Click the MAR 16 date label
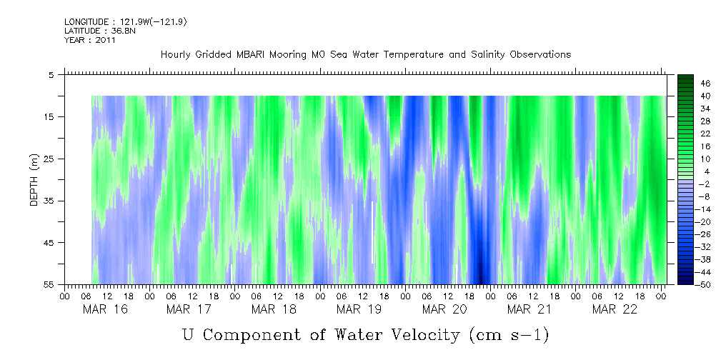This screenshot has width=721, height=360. (x=100, y=309)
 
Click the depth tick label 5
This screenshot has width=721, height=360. (x=51, y=74)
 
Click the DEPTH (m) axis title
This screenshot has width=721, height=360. (x=34, y=179)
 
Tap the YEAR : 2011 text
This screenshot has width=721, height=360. (x=89, y=40)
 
